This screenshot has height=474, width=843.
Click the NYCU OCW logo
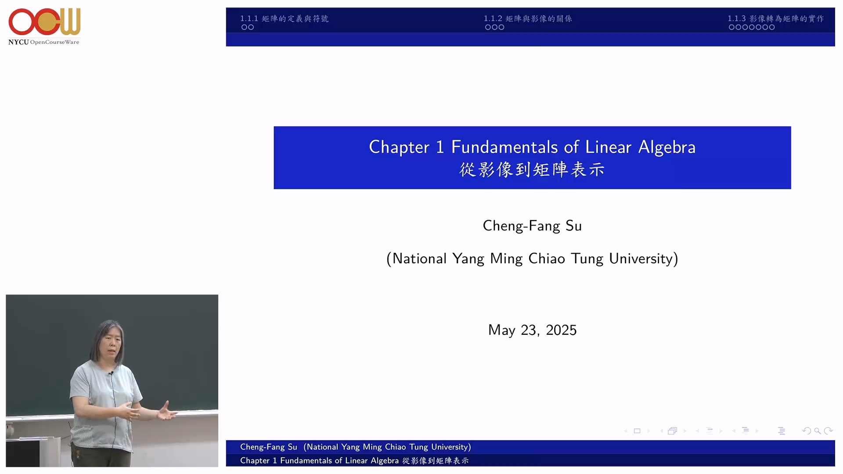tap(44, 26)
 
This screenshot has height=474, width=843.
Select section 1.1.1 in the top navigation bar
tap(284, 18)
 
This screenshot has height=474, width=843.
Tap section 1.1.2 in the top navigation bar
tap(528, 18)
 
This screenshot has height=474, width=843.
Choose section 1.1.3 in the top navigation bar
tap(775, 18)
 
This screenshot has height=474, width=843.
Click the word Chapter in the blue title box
tap(399, 147)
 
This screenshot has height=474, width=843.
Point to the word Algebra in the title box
tap(666, 147)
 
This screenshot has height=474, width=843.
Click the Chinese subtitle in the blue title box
tap(532, 169)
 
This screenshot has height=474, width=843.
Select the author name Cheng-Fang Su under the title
tap(532, 226)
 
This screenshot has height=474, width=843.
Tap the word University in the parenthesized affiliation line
tap(641, 259)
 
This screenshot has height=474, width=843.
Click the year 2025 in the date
tap(561, 330)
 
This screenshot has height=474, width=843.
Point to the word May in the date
tap(502, 330)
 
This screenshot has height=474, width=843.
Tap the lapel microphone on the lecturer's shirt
tap(112, 373)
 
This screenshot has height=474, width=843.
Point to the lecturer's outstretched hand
tap(167, 412)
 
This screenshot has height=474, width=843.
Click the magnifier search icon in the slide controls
tap(817, 431)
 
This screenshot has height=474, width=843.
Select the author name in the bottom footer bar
tap(268, 447)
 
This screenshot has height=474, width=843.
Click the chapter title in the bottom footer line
tap(354, 460)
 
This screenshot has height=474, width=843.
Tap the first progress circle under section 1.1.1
tap(244, 27)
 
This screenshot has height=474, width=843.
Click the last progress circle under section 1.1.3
tap(772, 27)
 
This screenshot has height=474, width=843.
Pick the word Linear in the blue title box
tap(609, 147)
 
